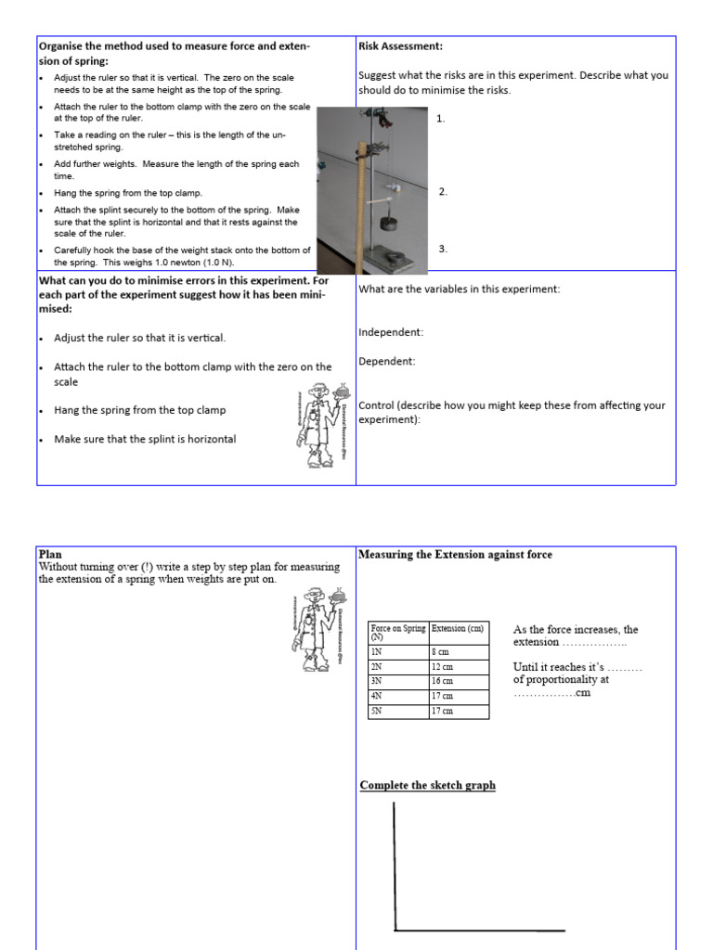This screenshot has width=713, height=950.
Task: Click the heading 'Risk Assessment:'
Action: (x=400, y=45)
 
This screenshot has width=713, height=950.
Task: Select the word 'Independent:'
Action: (x=391, y=332)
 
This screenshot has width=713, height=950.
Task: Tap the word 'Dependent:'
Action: (x=387, y=362)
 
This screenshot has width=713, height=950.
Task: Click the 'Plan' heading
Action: (x=50, y=554)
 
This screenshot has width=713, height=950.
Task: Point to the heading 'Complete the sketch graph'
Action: (x=428, y=786)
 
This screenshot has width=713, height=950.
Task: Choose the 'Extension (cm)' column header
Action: (x=459, y=628)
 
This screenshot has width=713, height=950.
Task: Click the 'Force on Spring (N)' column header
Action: (x=398, y=632)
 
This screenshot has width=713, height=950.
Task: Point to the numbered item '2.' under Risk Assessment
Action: (x=443, y=192)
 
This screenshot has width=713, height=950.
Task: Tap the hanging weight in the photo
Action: (x=389, y=225)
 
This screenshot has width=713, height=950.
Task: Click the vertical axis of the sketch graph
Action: (x=395, y=863)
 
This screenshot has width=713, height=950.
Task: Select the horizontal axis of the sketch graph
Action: (x=479, y=929)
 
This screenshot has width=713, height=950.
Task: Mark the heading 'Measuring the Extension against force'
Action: (x=455, y=555)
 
